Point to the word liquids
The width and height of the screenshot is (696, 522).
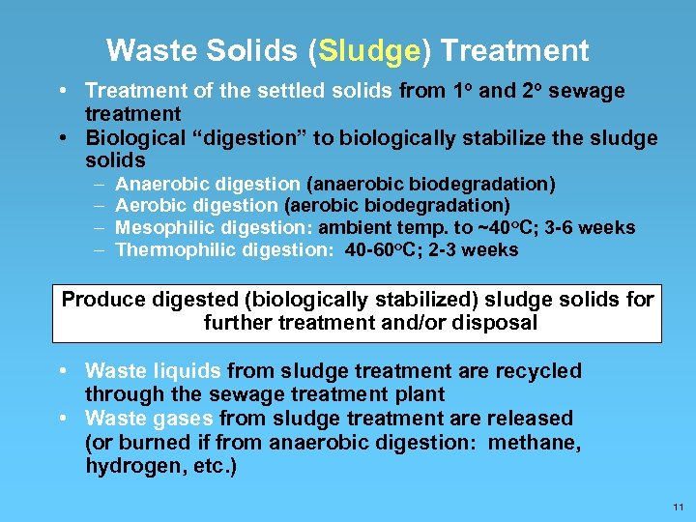(189, 371)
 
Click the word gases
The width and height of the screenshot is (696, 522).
(183, 419)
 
